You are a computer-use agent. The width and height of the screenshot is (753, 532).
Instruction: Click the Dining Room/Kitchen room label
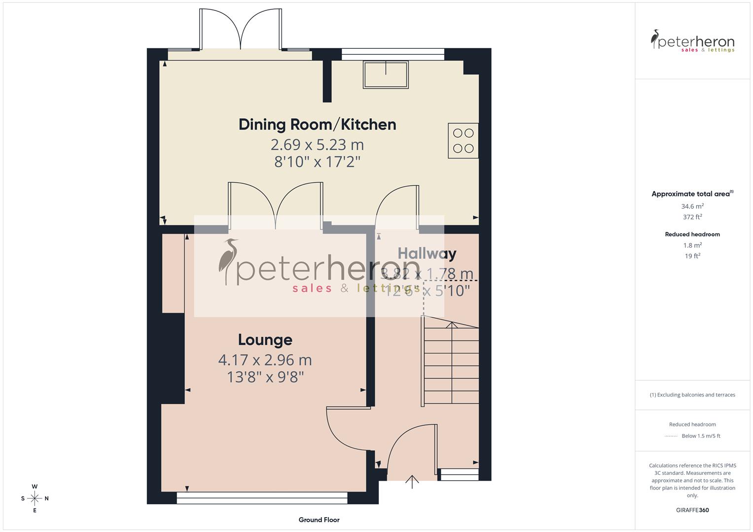pos(317,124)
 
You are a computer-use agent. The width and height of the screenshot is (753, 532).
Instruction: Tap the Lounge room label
pos(265,339)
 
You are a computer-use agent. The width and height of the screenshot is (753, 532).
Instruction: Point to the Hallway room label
pos(427,253)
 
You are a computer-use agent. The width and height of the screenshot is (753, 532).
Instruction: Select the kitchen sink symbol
pos(386,74)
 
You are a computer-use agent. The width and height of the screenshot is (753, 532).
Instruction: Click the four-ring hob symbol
pos(463,140)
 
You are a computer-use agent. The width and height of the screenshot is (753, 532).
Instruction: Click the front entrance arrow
pos(412,481)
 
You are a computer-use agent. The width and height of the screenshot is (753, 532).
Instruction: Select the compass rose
pos(35,499)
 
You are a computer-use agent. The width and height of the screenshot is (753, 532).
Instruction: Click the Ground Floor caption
pos(319,520)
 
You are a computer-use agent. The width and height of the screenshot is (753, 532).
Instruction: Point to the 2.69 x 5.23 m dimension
pos(317,144)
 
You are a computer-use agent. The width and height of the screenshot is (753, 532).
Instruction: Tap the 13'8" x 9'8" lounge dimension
pos(265,377)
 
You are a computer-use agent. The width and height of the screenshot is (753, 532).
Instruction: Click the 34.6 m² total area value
pos(692,206)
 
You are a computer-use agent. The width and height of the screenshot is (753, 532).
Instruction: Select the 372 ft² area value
pos(692,217)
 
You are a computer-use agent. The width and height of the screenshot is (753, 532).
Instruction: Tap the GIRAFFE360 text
pos(692,510)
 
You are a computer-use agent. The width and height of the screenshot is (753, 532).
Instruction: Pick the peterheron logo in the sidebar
pos(692,41)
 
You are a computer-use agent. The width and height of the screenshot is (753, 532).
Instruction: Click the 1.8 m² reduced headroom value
pos(692,245)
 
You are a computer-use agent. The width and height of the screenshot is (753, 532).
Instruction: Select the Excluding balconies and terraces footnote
pos(692,395)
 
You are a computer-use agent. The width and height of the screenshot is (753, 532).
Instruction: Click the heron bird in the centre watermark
pos(228,261)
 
